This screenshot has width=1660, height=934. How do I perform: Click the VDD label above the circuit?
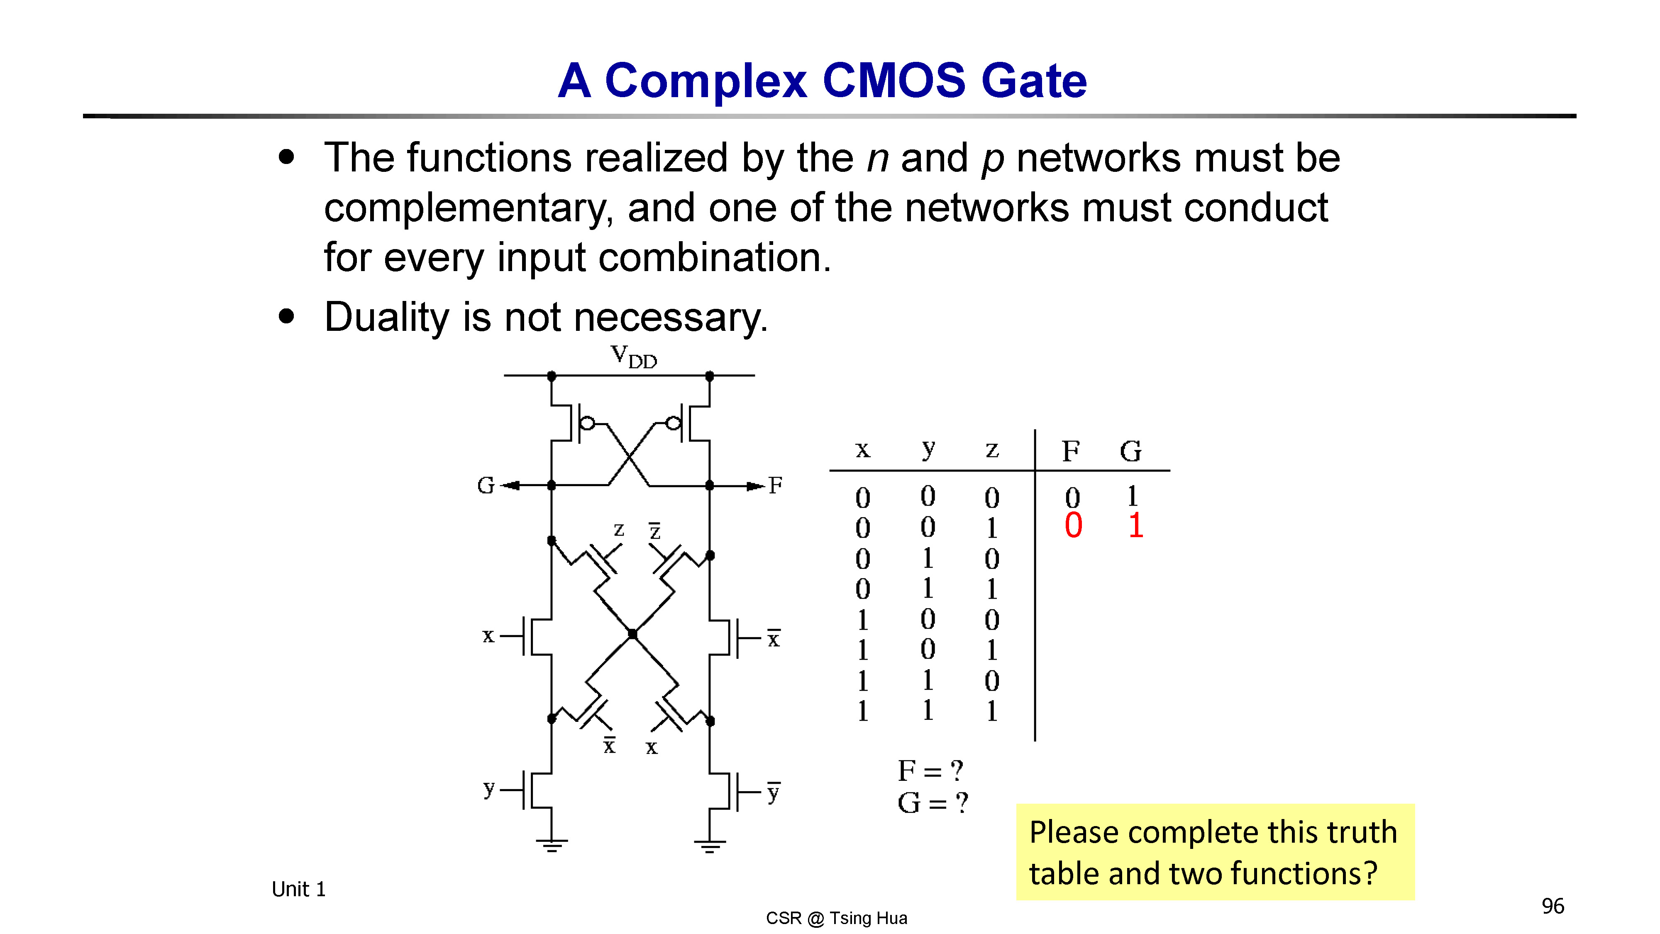(x=633, y=357)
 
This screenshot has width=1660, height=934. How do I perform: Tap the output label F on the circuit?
(x=775, y=485)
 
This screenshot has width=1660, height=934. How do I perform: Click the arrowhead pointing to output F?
(x=756, y=485)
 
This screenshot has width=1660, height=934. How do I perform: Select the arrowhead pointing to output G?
(x=510, y=485)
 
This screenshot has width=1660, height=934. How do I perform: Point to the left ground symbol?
(x=552, y=846)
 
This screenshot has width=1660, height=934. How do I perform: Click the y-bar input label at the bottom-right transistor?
(x=773, y=792)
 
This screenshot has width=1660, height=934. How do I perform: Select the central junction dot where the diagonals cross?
(x=632, y=633)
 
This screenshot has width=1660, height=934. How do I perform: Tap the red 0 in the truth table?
(x=1073, y=526)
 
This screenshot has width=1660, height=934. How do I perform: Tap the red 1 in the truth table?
(x=1135, y=526)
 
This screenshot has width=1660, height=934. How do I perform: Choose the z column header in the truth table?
(x=992, y=449)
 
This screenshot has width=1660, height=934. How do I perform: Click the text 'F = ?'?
(x=930, y=770)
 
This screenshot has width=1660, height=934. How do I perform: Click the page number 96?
(x=1553, y=906)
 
